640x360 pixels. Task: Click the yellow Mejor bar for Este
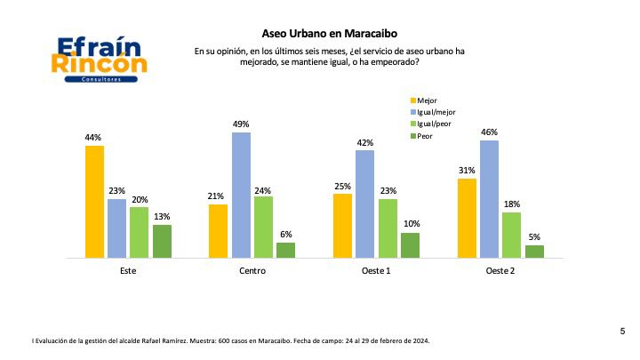coord(94,202)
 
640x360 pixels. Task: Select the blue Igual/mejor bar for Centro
coord(241,196)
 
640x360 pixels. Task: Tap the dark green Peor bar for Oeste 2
coord(534,252)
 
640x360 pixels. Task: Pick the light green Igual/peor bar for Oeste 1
coord(387,228)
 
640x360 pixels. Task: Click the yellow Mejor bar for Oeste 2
coord(467,218)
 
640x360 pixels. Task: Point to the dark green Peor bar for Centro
coord(285,250)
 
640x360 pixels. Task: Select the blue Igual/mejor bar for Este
coord(116,228)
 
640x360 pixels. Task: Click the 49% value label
coord(241,124)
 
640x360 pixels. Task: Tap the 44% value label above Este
coord(94,138)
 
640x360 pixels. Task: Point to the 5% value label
coord(534,237)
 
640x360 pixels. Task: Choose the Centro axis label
coord(252,270)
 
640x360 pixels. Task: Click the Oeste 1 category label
coord(376,270)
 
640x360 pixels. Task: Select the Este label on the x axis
coord(127,270)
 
